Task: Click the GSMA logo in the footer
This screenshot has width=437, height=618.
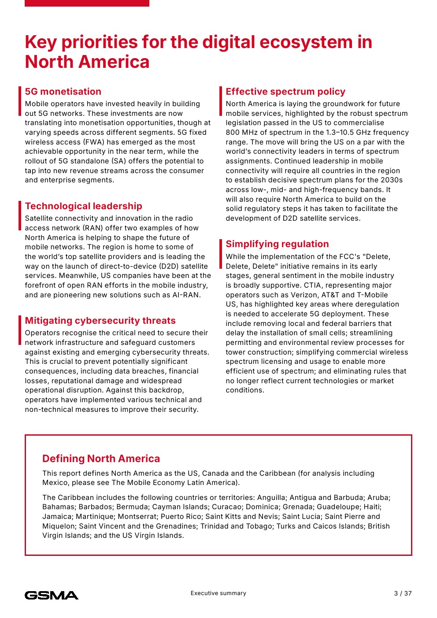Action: pyautogui.click(x=52, y=595)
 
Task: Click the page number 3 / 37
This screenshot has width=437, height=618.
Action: pyautogui.click(x=403, y=593)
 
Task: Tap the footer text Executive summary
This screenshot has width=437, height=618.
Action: pyautogui.click(x=218, y=593)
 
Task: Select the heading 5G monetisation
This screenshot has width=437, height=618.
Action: pyautogui.click(x=63, y=92)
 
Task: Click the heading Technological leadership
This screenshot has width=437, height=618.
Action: pyautogui.click(x=83, y=206)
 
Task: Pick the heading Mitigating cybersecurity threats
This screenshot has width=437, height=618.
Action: pyautogui.click(x=100, y=321)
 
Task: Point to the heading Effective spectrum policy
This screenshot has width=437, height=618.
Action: pyautogui.click(x=285, y=92)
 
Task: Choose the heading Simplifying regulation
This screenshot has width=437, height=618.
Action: pyautogui.click(x=277, y=244)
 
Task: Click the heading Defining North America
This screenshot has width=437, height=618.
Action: pyautogui.click(x=101, y=459)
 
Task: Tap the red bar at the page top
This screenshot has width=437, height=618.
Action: pyautogui.click(x=87, y=3)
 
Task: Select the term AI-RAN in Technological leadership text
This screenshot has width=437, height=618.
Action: pyautogui.click(x=186, y=295)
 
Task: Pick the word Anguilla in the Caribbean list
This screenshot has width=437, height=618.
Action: pyautogui.click(x=271, y=497)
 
